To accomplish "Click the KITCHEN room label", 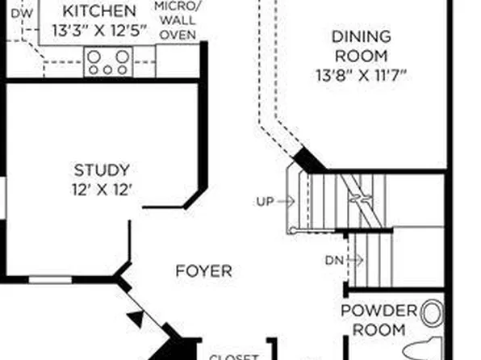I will pos(99,11).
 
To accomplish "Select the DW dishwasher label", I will pos(23,13).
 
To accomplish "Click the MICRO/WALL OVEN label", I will pos(178,21).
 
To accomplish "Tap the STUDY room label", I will pos(102,170).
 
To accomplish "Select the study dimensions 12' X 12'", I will pos(102,190).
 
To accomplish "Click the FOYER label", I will pos(203,271).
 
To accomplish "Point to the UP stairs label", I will pos(264,202).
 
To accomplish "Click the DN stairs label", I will pos(335,260).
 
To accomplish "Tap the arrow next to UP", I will pos(286,202).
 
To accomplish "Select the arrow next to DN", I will pos(355,260).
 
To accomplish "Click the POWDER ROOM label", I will pos(379,320).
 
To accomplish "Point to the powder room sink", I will pos(433,312).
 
